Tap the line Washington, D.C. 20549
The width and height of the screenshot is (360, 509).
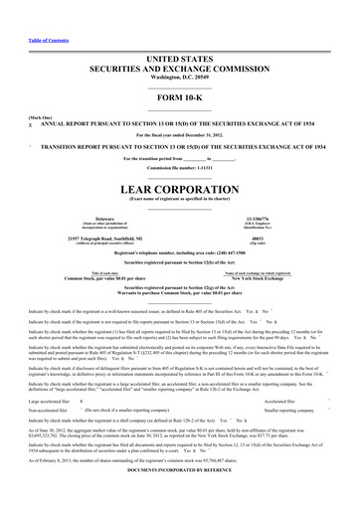point(179,49)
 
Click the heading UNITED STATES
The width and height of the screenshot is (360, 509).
point(179,31)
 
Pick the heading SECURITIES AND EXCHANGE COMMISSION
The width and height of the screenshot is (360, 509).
point(179,41)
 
